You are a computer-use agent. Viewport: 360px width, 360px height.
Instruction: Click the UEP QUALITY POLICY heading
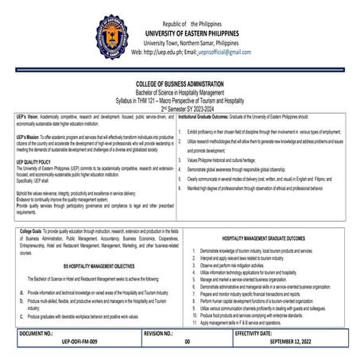click(x=37, y=161)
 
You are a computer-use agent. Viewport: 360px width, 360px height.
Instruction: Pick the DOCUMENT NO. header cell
click(x=37, y=334)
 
